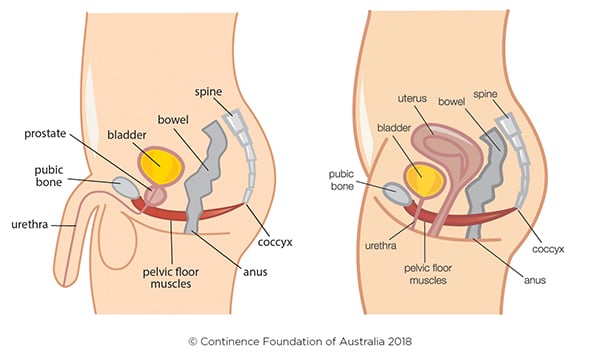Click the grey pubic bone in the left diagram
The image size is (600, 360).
pyautogui.click(x=126, y=187)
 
